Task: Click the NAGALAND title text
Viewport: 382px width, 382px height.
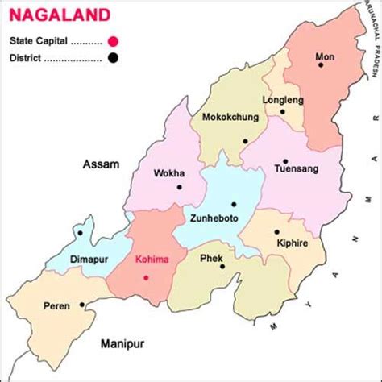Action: [x=49, y=15]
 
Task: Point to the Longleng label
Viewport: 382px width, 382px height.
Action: [x=281, y=100]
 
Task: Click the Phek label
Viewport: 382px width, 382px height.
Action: [x=211, y=259]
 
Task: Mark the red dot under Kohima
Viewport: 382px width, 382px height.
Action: [x=146, y=277]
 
